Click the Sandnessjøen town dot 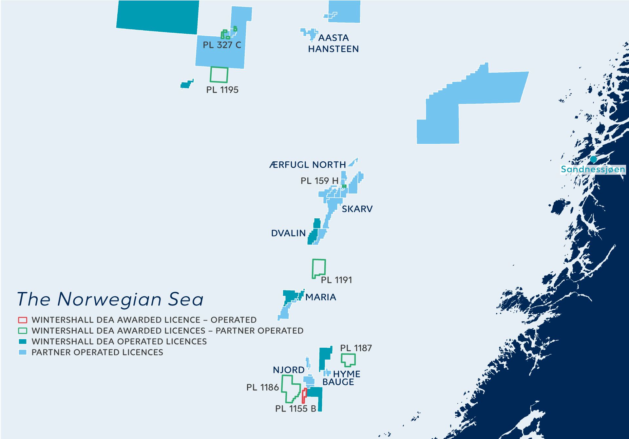pos(593,159)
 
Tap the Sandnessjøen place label pos(593,170)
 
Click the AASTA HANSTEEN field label pos(333,43)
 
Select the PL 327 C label pos(222,45)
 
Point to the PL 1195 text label pos(222,90)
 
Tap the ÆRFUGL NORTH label pos(308,165)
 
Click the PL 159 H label pos(319,181)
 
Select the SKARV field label pos(357,209)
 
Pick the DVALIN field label pos(288,233)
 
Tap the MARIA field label pos(321,297)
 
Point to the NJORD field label pos(289,370)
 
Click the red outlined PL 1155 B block pos(304,396)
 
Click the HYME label pos(347,374)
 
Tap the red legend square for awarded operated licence pos(23,320)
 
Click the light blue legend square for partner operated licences pos(23,352)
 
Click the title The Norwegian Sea pos(110,299)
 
